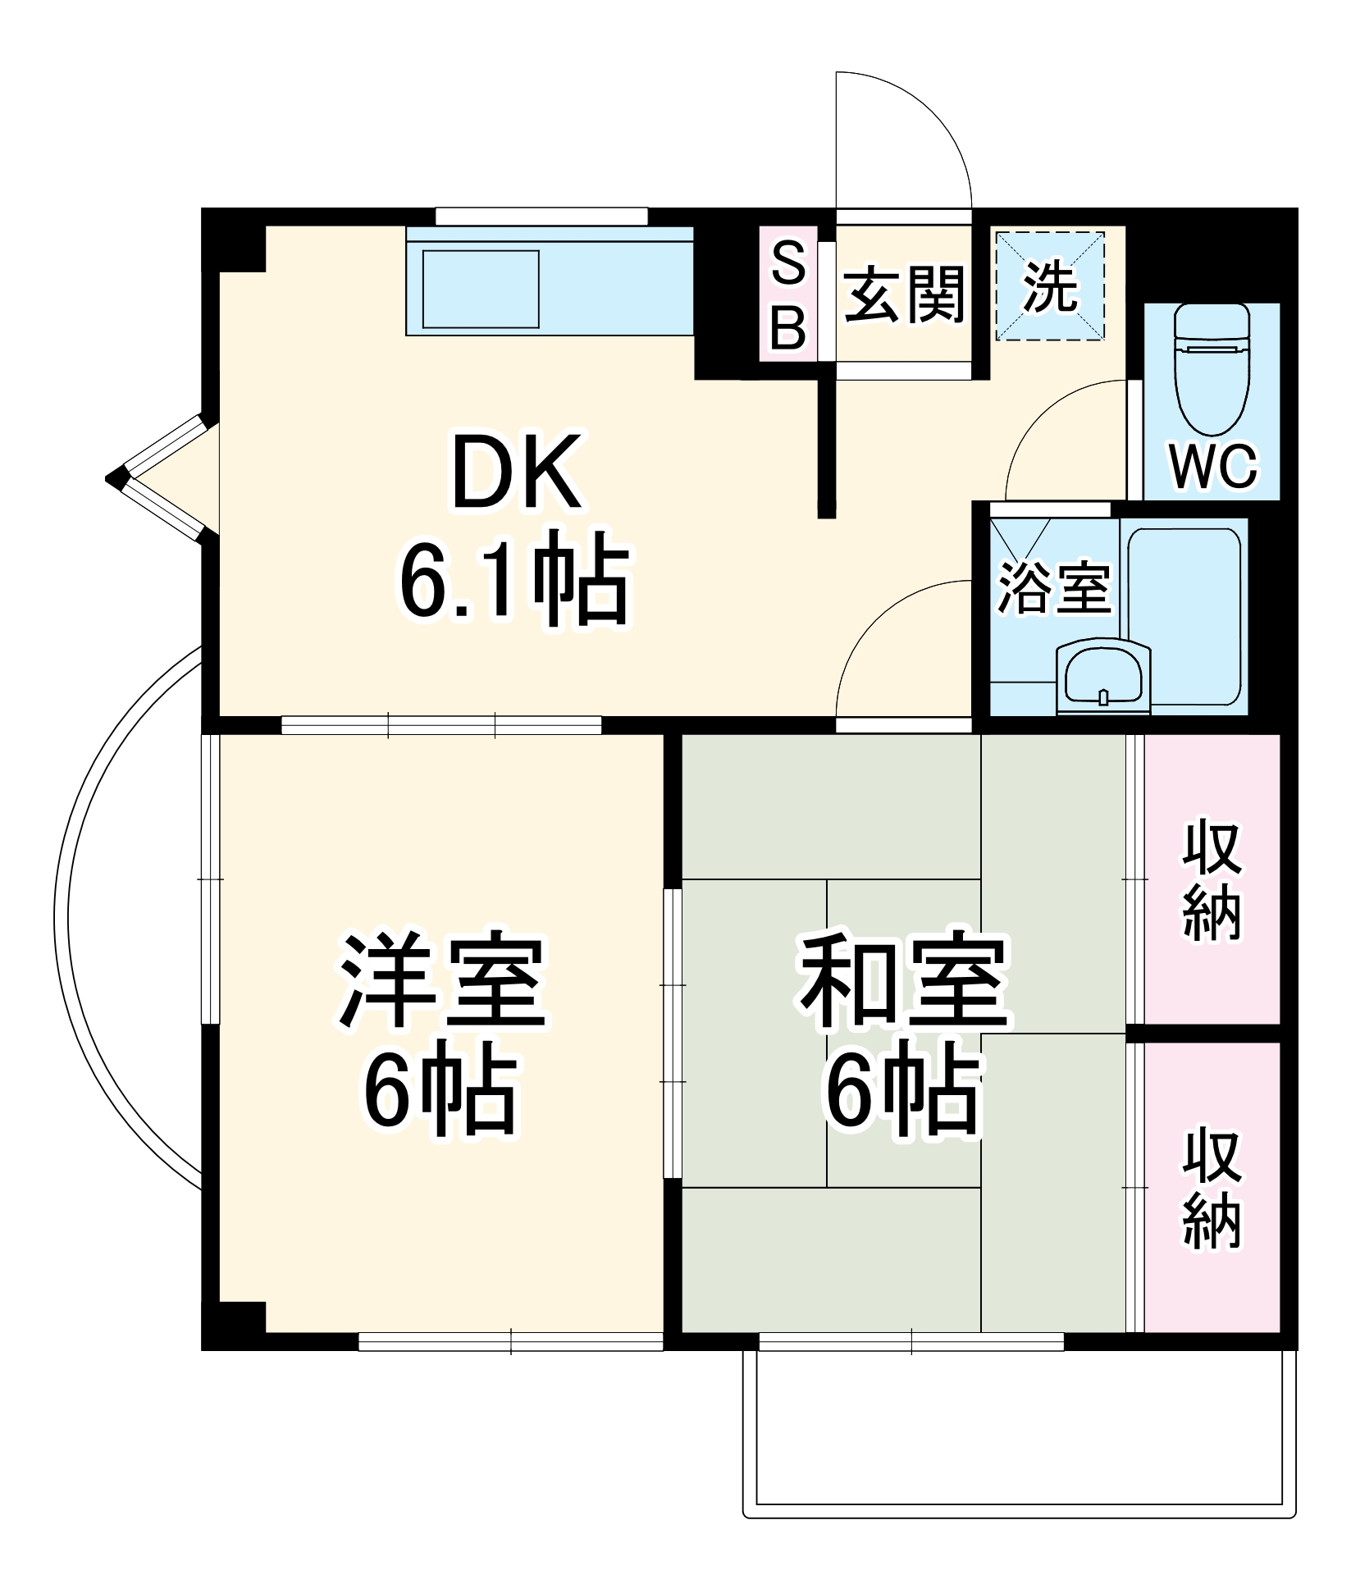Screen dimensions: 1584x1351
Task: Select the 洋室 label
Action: click(x=443, y=980)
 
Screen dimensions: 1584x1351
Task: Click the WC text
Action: click(x=1212, y=467)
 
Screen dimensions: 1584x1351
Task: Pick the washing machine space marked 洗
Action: click(x=1050, y=286)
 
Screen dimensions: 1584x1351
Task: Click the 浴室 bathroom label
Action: click(x=1053, y=587)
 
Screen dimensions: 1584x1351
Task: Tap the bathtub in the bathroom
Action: click(x=1184, y=615)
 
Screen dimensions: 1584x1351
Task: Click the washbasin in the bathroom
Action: click(x=1103, y=678)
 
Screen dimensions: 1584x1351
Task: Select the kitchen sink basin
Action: click(x=480, y=290)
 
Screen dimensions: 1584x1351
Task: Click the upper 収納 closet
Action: click(x=1212, y=879)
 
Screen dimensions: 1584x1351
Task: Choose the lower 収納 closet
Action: click(x=1212, y=1187)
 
